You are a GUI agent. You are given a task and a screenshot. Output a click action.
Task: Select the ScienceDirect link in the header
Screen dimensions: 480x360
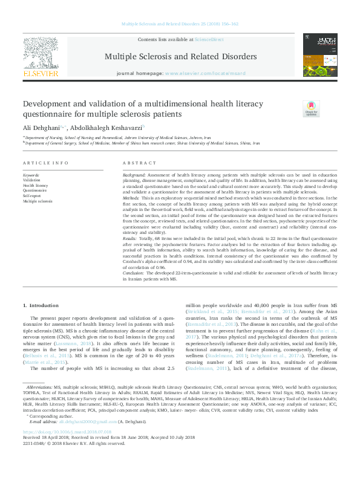[209, 39]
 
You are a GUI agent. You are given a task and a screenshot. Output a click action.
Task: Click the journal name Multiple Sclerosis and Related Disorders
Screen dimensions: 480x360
[180, 56]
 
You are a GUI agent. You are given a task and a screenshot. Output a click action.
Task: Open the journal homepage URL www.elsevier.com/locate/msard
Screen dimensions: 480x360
[198, 73]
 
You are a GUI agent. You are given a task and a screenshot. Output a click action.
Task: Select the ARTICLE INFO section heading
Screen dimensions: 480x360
[45, 163]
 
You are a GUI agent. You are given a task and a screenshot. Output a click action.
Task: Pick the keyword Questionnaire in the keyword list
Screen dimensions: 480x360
[34, 189]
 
